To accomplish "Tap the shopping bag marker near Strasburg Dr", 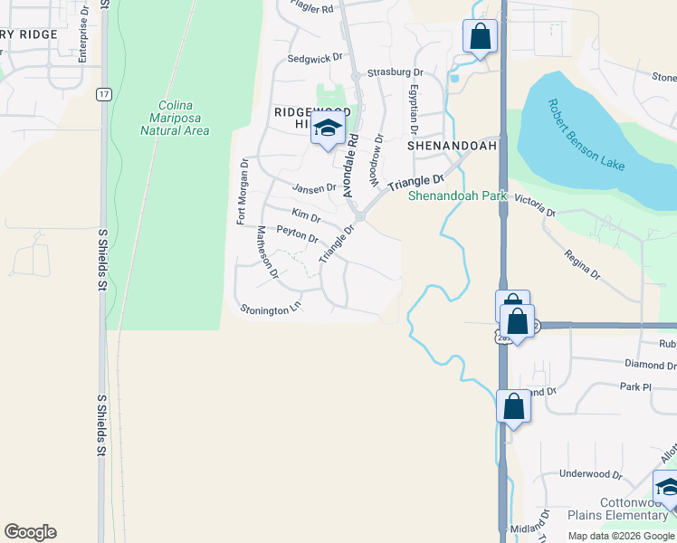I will (x=480, y=38).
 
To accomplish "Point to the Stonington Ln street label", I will (x=270, y=309).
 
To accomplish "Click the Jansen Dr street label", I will (x=314, y=188).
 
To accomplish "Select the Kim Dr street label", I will (x=306, y=217).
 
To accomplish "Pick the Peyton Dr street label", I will (x=297, y=235).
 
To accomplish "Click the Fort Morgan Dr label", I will (x=243, y=190).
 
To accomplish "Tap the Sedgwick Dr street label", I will (x=315, y=57).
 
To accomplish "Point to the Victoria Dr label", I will (x=534, y=205).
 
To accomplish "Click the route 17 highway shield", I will (x=106, y=94).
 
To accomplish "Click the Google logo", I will (x=30, y=532).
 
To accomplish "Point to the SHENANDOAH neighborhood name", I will (x=453, y=145).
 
